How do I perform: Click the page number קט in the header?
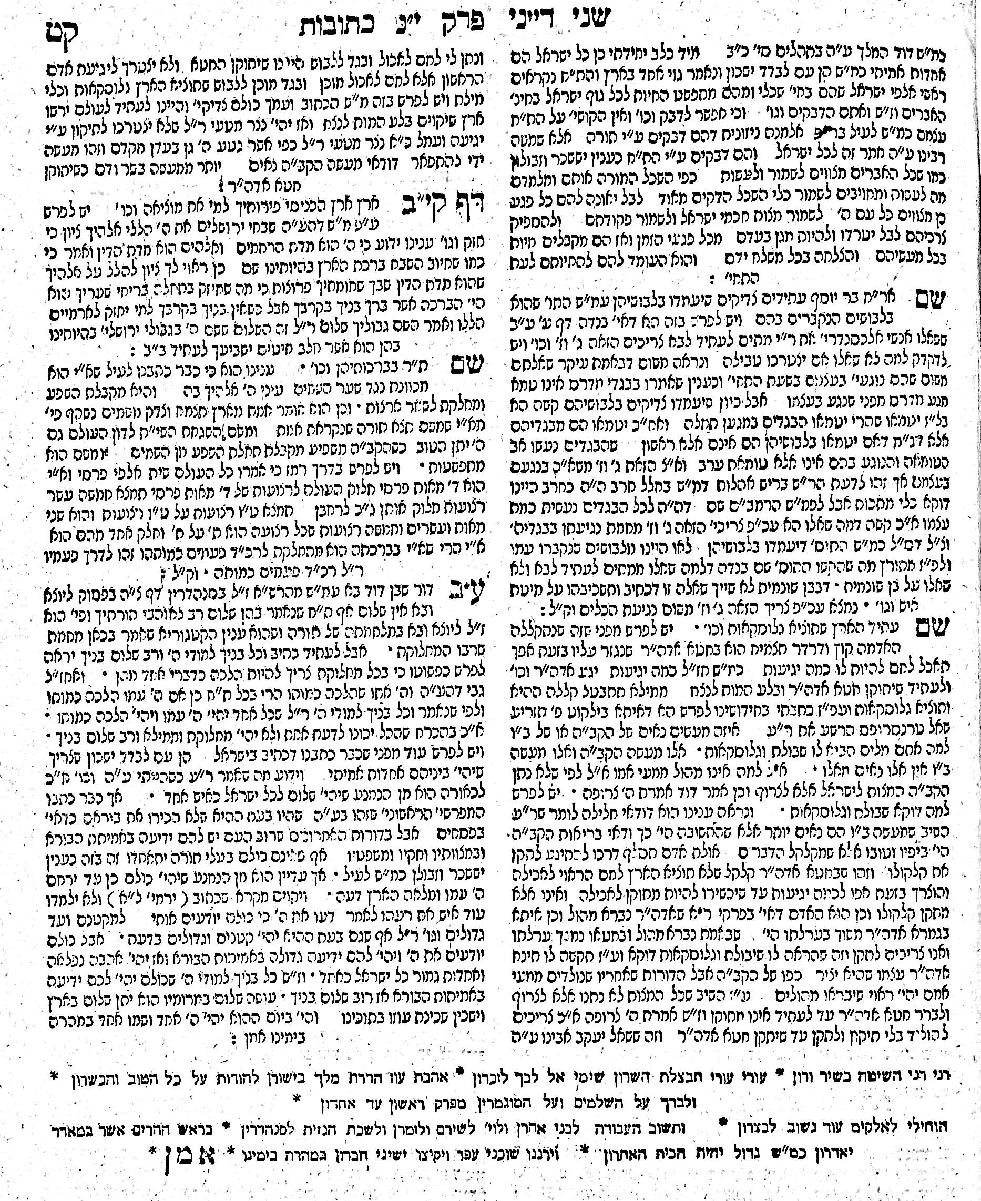[x=62, y=35]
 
